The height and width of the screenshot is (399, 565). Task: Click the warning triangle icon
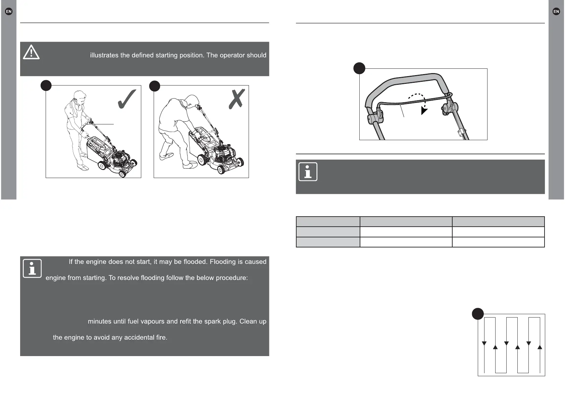click(31, 52)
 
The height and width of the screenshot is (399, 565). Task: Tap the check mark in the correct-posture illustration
click(127, 99)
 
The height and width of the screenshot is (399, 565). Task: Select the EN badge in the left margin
click(9, 11)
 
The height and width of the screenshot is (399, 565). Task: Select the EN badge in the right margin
click(556, 11)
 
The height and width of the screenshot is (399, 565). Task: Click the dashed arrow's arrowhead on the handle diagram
click(424, 111)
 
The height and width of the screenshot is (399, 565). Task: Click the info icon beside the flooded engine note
click(32, 269)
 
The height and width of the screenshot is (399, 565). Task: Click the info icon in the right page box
click(308, 172)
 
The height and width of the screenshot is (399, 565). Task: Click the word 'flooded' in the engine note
click(194, 262)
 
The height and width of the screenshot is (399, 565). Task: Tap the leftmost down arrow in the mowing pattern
click(484, 343)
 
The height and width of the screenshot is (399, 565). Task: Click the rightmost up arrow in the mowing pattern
click(540, 347)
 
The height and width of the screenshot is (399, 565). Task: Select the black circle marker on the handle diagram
click(359, 68)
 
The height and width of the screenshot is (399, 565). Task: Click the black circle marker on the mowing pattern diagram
click(478, 314)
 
